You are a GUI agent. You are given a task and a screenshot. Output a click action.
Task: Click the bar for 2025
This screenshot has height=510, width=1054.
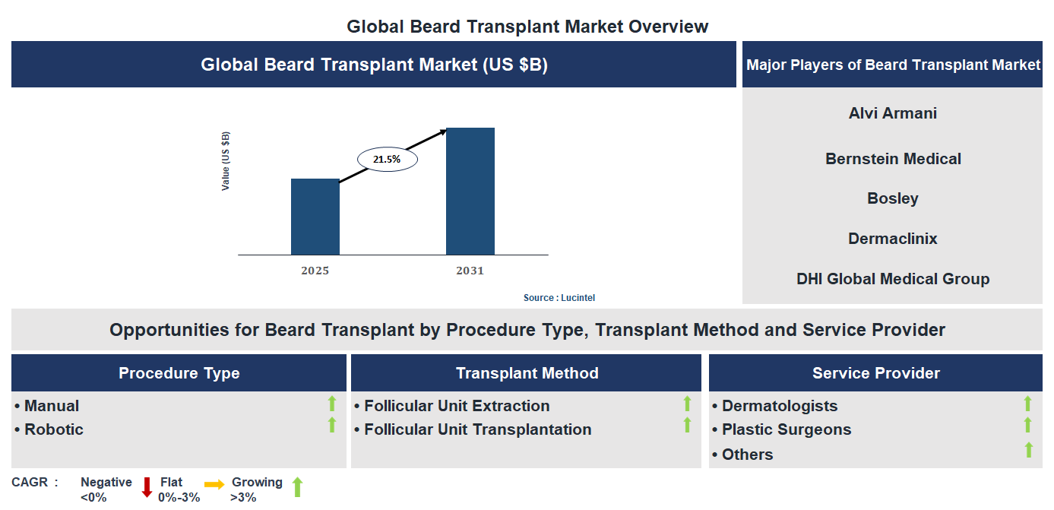tap(315, 217)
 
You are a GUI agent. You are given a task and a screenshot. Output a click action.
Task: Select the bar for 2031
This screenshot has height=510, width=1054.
tap(470, 191)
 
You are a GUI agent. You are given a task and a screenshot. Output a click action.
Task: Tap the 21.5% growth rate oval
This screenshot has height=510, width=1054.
tap(388, 160)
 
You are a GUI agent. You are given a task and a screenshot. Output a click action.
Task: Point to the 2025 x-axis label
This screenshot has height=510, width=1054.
tap(315, 271)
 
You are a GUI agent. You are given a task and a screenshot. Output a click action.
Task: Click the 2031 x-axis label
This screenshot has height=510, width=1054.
tap(470, 271)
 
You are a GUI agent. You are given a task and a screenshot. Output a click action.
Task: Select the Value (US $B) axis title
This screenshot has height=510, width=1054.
tap(226, 161)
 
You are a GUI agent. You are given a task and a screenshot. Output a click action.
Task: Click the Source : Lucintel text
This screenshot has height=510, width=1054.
tap(559, 298)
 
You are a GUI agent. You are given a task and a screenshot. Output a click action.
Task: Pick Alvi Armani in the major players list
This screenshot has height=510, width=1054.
tap(892, 113)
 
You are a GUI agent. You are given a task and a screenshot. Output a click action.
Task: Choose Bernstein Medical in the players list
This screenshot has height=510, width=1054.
tap(893, 159)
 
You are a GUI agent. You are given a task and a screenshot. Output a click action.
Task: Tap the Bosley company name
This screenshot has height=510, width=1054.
tap(892, 198)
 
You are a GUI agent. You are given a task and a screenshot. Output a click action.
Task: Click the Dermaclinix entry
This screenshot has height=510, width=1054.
tap(892, 239)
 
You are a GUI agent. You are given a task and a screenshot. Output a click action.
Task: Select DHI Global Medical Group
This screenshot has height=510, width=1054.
tap(892, 279)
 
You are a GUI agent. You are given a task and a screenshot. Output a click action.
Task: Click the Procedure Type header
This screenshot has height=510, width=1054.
tap(179, 373)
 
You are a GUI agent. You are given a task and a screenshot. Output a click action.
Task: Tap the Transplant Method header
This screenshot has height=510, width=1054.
tap(527, 373)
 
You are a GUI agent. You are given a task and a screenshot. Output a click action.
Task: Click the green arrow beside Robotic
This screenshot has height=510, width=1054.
tap(331, 426)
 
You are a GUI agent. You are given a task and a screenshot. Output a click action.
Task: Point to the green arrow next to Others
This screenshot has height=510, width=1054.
tap(1028, 450)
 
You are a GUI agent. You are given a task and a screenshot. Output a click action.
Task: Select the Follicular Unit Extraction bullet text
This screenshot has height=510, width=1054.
tap(456, 406)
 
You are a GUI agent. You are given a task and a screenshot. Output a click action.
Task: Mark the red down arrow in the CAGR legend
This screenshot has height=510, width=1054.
tap(147, 487)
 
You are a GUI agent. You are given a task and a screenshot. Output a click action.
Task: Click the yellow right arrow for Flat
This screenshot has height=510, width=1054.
tap(214, 484)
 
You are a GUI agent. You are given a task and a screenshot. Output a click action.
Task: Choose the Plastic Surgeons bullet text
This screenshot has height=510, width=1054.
tap(786, 429)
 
